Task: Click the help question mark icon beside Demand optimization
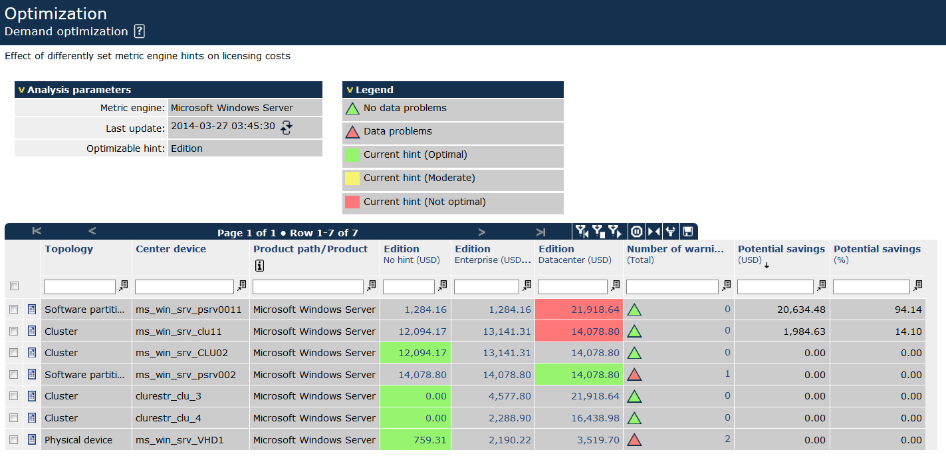[139, 31]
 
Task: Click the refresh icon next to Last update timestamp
[286, 128]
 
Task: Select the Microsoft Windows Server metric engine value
[232, 108]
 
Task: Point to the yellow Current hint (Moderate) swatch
[352, 178]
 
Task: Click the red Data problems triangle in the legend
[352, 132]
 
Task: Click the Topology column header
[69, 249]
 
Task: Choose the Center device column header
[171, 249]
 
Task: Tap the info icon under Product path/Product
[259, 266]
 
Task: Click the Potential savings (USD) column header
[781, 249]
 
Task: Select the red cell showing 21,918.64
[578, 310]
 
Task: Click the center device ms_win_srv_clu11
[178, 332]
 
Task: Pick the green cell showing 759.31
[415, 440]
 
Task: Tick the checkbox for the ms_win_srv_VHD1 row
[14, 440]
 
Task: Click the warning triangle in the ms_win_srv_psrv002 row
[634, 375]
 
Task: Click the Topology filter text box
[80, 286]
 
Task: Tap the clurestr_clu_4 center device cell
[168, 418]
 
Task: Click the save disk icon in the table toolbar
[687, 232]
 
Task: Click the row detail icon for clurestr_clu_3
[32, 396]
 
